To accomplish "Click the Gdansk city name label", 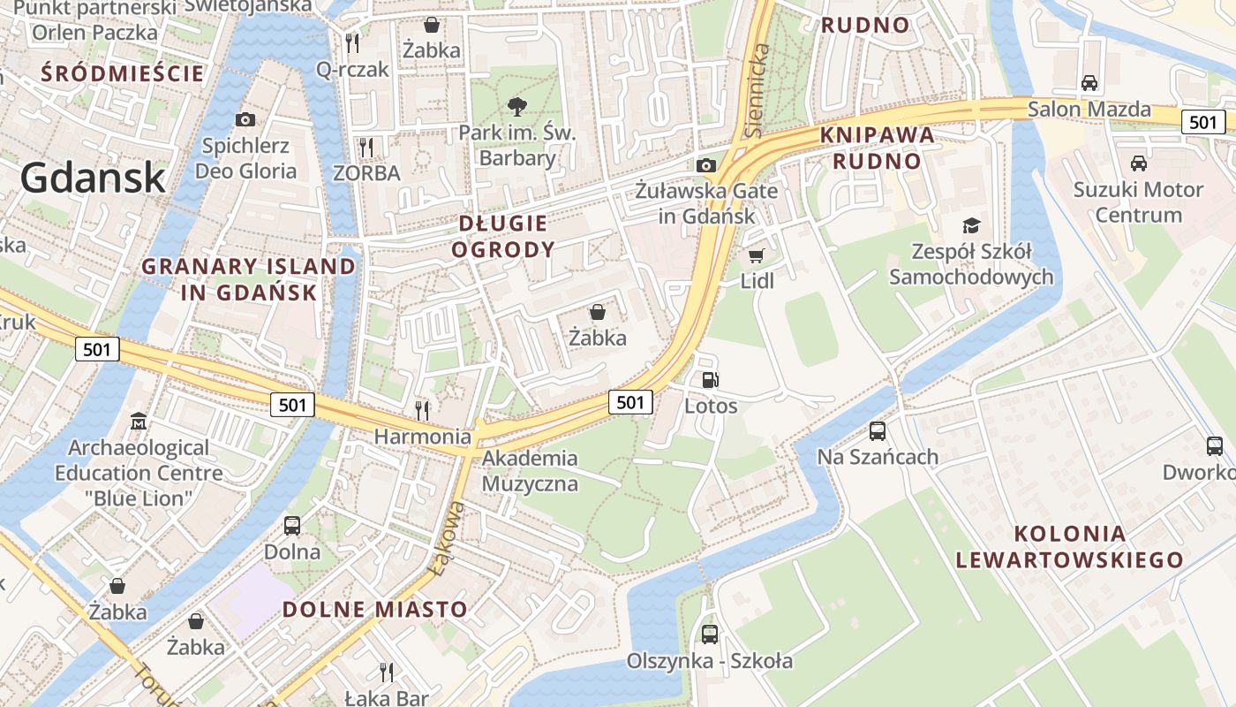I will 93,178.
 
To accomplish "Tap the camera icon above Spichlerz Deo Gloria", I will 245,119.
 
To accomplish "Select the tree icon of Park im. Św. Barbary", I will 516,107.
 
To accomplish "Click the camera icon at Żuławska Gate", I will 705,165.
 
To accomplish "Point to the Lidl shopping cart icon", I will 756,256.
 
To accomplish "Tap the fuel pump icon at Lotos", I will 710,381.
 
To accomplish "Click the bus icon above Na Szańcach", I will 877,431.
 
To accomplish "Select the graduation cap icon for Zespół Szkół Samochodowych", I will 971,225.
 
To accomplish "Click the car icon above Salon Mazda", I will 1089,83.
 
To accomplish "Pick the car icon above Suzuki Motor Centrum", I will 1139,163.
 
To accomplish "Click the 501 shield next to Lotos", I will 630,402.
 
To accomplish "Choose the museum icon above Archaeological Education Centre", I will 139,422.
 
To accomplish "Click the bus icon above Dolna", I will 292,526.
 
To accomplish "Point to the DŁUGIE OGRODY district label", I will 503,236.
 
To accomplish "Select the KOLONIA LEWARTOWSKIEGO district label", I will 1070,546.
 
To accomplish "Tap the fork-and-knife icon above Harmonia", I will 422,410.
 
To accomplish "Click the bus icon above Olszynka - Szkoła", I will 710,634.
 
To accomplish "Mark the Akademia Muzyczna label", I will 530,471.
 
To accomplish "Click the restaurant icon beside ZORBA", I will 366,147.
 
